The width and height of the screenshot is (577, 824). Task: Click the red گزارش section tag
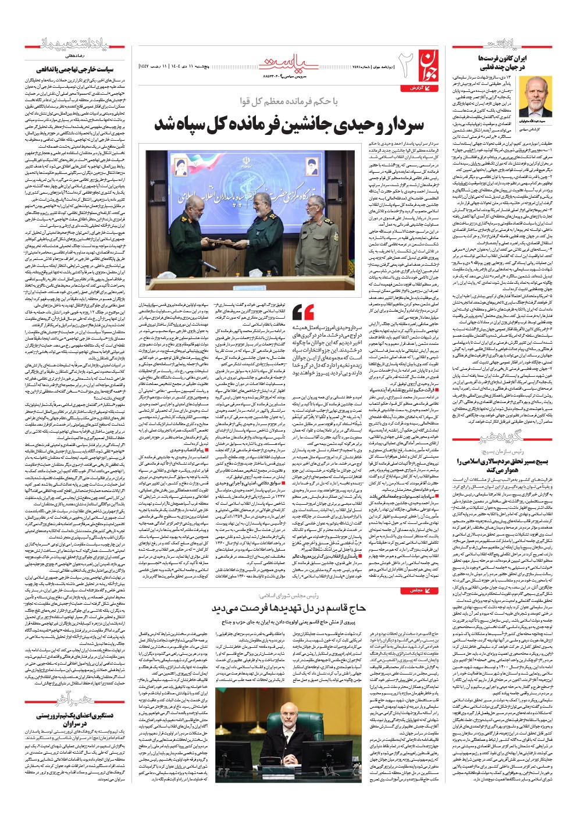[x=415, y=87]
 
